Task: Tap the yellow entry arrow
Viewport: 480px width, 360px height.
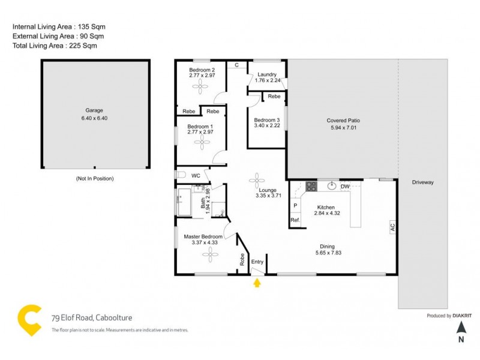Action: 257,283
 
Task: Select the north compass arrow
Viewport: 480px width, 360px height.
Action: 461,327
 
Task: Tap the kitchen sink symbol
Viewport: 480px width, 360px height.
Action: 330,187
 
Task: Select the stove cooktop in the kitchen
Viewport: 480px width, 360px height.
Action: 310,187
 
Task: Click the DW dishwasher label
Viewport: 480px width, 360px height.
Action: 345,187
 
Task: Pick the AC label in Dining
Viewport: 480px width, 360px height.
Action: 392,227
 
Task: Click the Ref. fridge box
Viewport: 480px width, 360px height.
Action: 295,220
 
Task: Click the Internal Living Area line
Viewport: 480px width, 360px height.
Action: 54,27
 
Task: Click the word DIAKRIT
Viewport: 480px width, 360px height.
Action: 461,316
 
